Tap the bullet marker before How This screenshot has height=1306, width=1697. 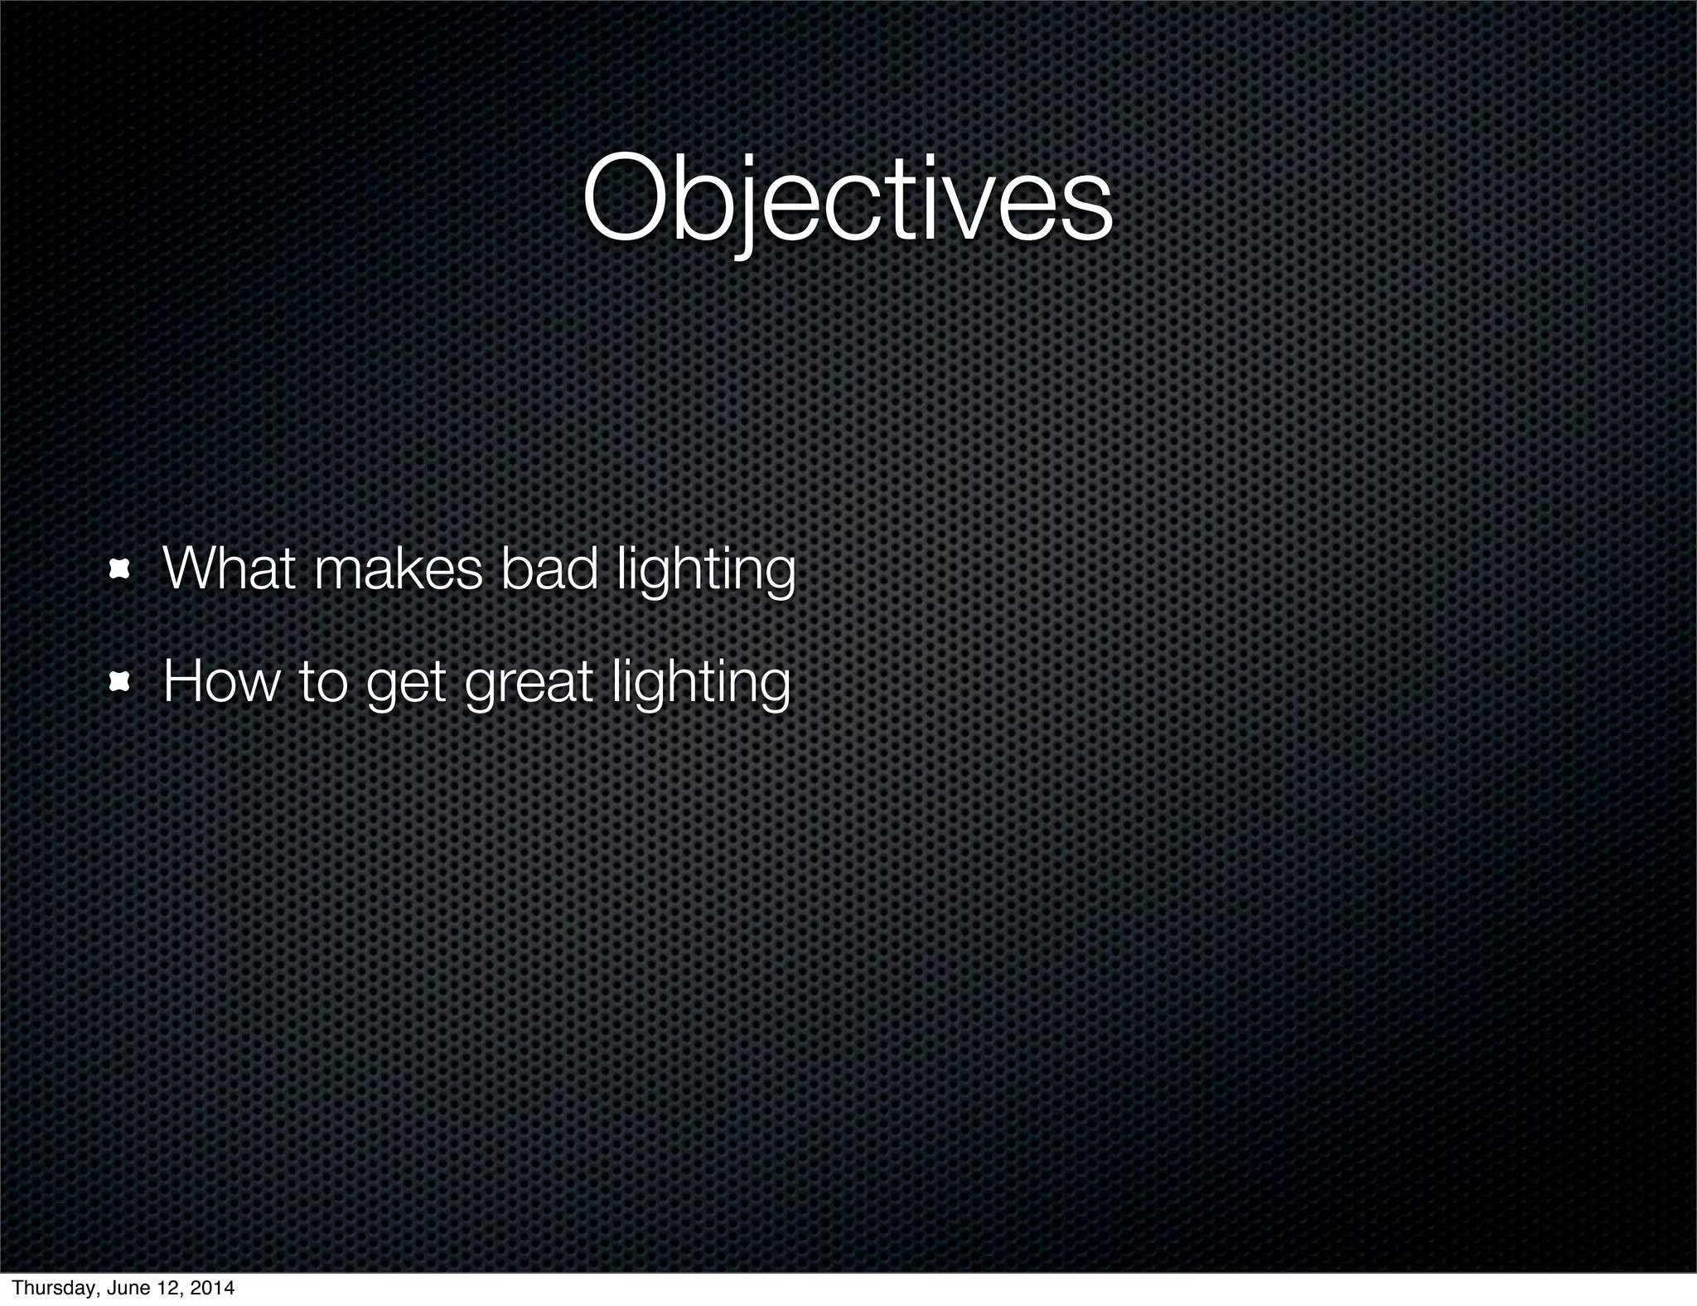121,682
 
